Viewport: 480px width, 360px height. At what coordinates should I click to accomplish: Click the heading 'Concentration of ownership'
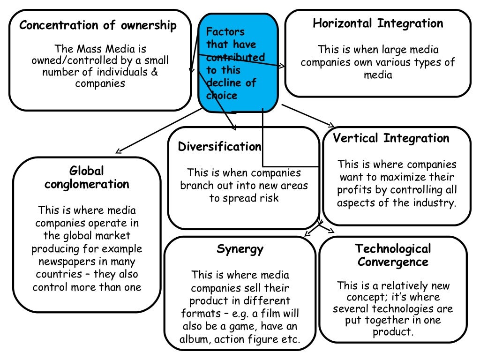[98, 25]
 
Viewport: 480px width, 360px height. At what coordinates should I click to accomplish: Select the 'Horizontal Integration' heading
[378, 23]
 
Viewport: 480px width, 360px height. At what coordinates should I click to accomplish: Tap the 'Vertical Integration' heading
[391, 138]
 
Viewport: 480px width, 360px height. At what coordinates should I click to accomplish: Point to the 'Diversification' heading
[219, 147]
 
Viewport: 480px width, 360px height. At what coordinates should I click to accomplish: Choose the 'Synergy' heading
[240, 248]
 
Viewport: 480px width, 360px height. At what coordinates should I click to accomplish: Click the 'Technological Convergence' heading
[393, 255]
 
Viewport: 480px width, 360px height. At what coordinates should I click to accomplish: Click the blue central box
[238, 63]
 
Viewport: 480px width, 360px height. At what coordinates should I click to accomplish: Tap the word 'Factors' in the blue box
[225, 32]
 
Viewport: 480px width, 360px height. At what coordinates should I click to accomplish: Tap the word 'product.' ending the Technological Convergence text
[392, 333]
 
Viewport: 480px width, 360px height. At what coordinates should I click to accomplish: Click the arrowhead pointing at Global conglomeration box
[119, 151]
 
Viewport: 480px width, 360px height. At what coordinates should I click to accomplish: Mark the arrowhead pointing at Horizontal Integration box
[281, 66]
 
